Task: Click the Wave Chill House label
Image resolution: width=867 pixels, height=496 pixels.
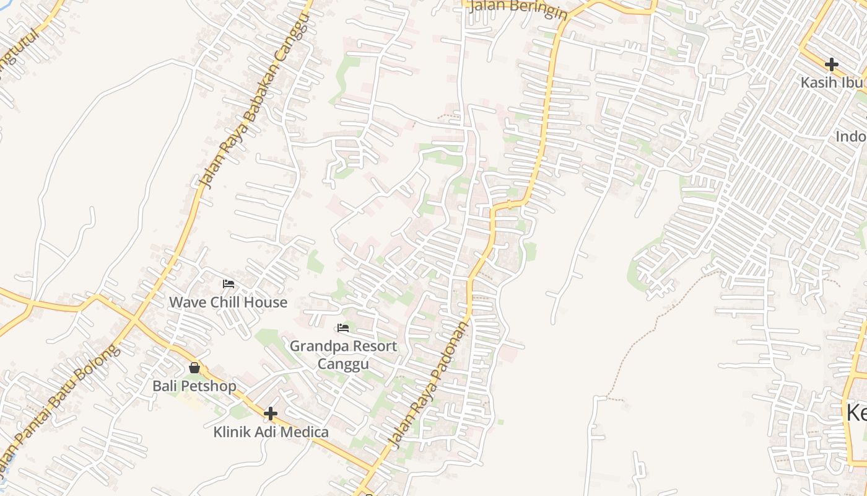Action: click(x=229, y=303)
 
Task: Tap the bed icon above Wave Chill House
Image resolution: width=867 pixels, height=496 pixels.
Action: click(x=229, y=285)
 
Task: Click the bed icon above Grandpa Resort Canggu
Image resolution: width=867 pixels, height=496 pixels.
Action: click(x=343, y=328)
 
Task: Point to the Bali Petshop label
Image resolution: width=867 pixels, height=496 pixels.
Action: click(x=194, y=386)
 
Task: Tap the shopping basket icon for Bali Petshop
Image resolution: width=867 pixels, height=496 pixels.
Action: click(x=194, y=368)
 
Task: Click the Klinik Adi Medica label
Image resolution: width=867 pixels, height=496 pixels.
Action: click(x=271, y=432)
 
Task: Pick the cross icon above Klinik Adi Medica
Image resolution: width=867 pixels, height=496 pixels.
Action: click(x=271, y=414)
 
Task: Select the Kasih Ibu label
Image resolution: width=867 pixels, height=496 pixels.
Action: click(x=827, y=82)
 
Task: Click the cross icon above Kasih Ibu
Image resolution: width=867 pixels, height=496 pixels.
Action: click(x=832, y=64)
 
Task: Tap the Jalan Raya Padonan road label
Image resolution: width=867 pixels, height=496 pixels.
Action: click(x=429, y=384)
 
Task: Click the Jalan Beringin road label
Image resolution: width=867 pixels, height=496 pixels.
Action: click(x=518, y=9)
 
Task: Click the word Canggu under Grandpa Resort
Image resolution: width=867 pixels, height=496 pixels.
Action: click(x=343, y=363)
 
